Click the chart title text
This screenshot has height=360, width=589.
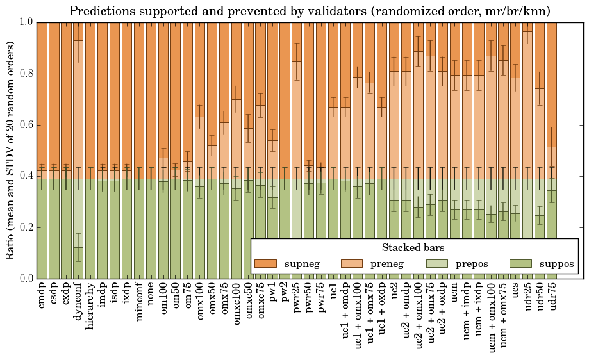click(310, 11)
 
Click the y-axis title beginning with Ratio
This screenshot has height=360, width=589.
click(11, 150)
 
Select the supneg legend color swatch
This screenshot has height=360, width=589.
click(265, 264)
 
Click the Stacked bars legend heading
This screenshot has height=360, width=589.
click(413, 247)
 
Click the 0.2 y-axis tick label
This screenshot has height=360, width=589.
click(25, 227)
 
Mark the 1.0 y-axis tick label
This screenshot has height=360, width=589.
click(25, 22)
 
